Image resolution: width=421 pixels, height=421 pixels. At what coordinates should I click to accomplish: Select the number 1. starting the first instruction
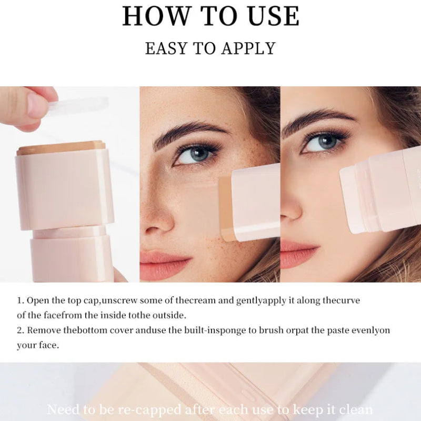21,300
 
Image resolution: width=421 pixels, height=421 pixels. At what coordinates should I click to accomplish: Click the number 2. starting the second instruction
21,330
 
